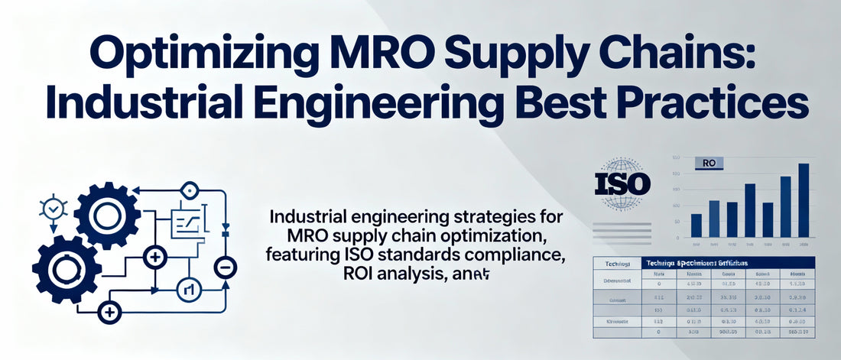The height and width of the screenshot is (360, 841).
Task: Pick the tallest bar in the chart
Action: click(x=804, y=199)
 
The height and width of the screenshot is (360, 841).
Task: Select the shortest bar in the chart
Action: click(x=697, y=225)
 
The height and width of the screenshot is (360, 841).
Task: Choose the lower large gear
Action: click(x=67, y=268)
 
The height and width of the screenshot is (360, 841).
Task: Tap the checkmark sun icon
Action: click(x=53, y=207)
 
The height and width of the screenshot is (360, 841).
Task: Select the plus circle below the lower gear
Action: click(x=111, y=311)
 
